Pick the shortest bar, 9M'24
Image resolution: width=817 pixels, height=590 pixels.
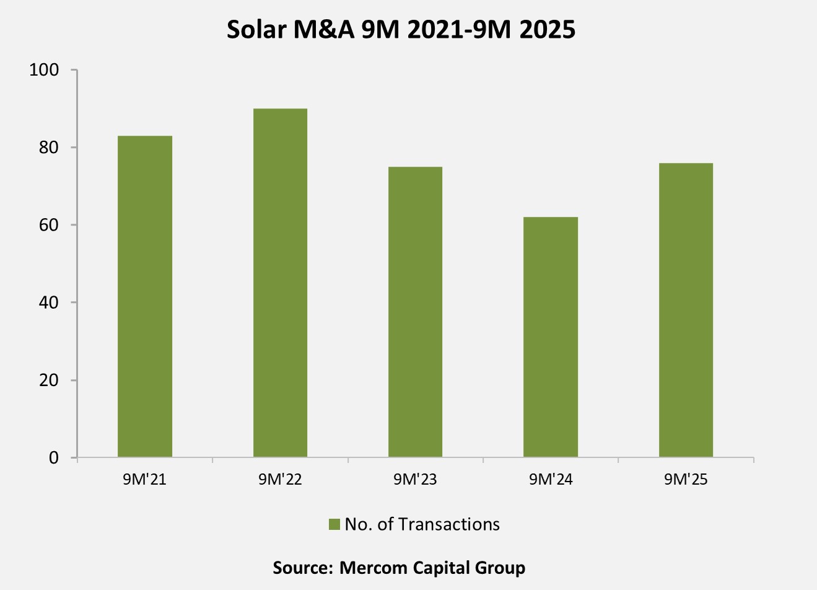(x=551, y=337)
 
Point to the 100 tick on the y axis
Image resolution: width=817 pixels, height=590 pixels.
(x=45, y=70)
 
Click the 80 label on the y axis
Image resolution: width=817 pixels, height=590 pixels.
(x=49, y=147)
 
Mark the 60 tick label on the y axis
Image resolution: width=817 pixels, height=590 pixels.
(x=49, y=225)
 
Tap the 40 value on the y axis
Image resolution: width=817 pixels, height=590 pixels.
(x=49, y=302)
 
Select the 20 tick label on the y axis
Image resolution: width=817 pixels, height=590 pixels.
(x=49, y=380)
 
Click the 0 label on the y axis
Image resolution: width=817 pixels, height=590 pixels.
(x=54, y=458)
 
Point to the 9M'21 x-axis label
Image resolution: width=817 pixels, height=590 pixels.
(x=145, y=480)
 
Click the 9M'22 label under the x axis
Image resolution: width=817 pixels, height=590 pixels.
(x=280, y=480)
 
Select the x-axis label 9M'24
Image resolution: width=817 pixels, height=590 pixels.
(x=551, y=480)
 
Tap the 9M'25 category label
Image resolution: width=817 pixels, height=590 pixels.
(x=686, y=480)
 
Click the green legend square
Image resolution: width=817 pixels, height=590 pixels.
(x=334, y=524)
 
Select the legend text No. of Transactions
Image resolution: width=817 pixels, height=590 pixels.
(x=422, y=524)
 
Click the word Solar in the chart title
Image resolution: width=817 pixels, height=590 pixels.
(x=251, y=30)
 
